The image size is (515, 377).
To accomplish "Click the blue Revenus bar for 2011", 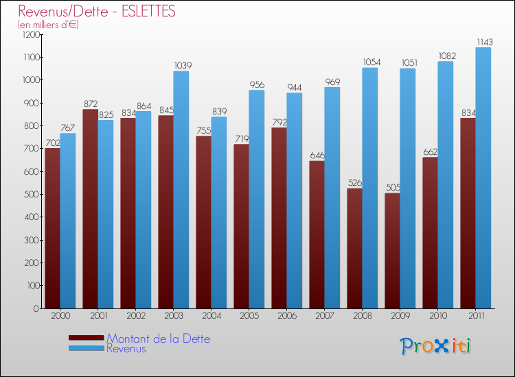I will [x=483, y=178].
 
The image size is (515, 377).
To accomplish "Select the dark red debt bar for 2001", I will [x=91, y=209].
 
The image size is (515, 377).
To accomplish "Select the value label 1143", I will [x=484, y=42].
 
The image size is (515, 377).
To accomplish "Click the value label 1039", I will [x=182, y=66].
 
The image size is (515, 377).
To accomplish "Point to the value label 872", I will [x=91, y=104].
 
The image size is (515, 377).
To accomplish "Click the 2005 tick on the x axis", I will [x=249, y=315].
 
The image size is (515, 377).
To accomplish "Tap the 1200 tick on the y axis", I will [x=32, y=34].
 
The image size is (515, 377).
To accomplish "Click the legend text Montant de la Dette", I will [x=159, y=339].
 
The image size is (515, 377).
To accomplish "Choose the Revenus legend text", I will [x=126, y=348].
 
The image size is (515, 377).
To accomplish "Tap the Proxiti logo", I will [x=435, y=346].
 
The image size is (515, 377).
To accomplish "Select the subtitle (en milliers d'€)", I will [x=48, y=25].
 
